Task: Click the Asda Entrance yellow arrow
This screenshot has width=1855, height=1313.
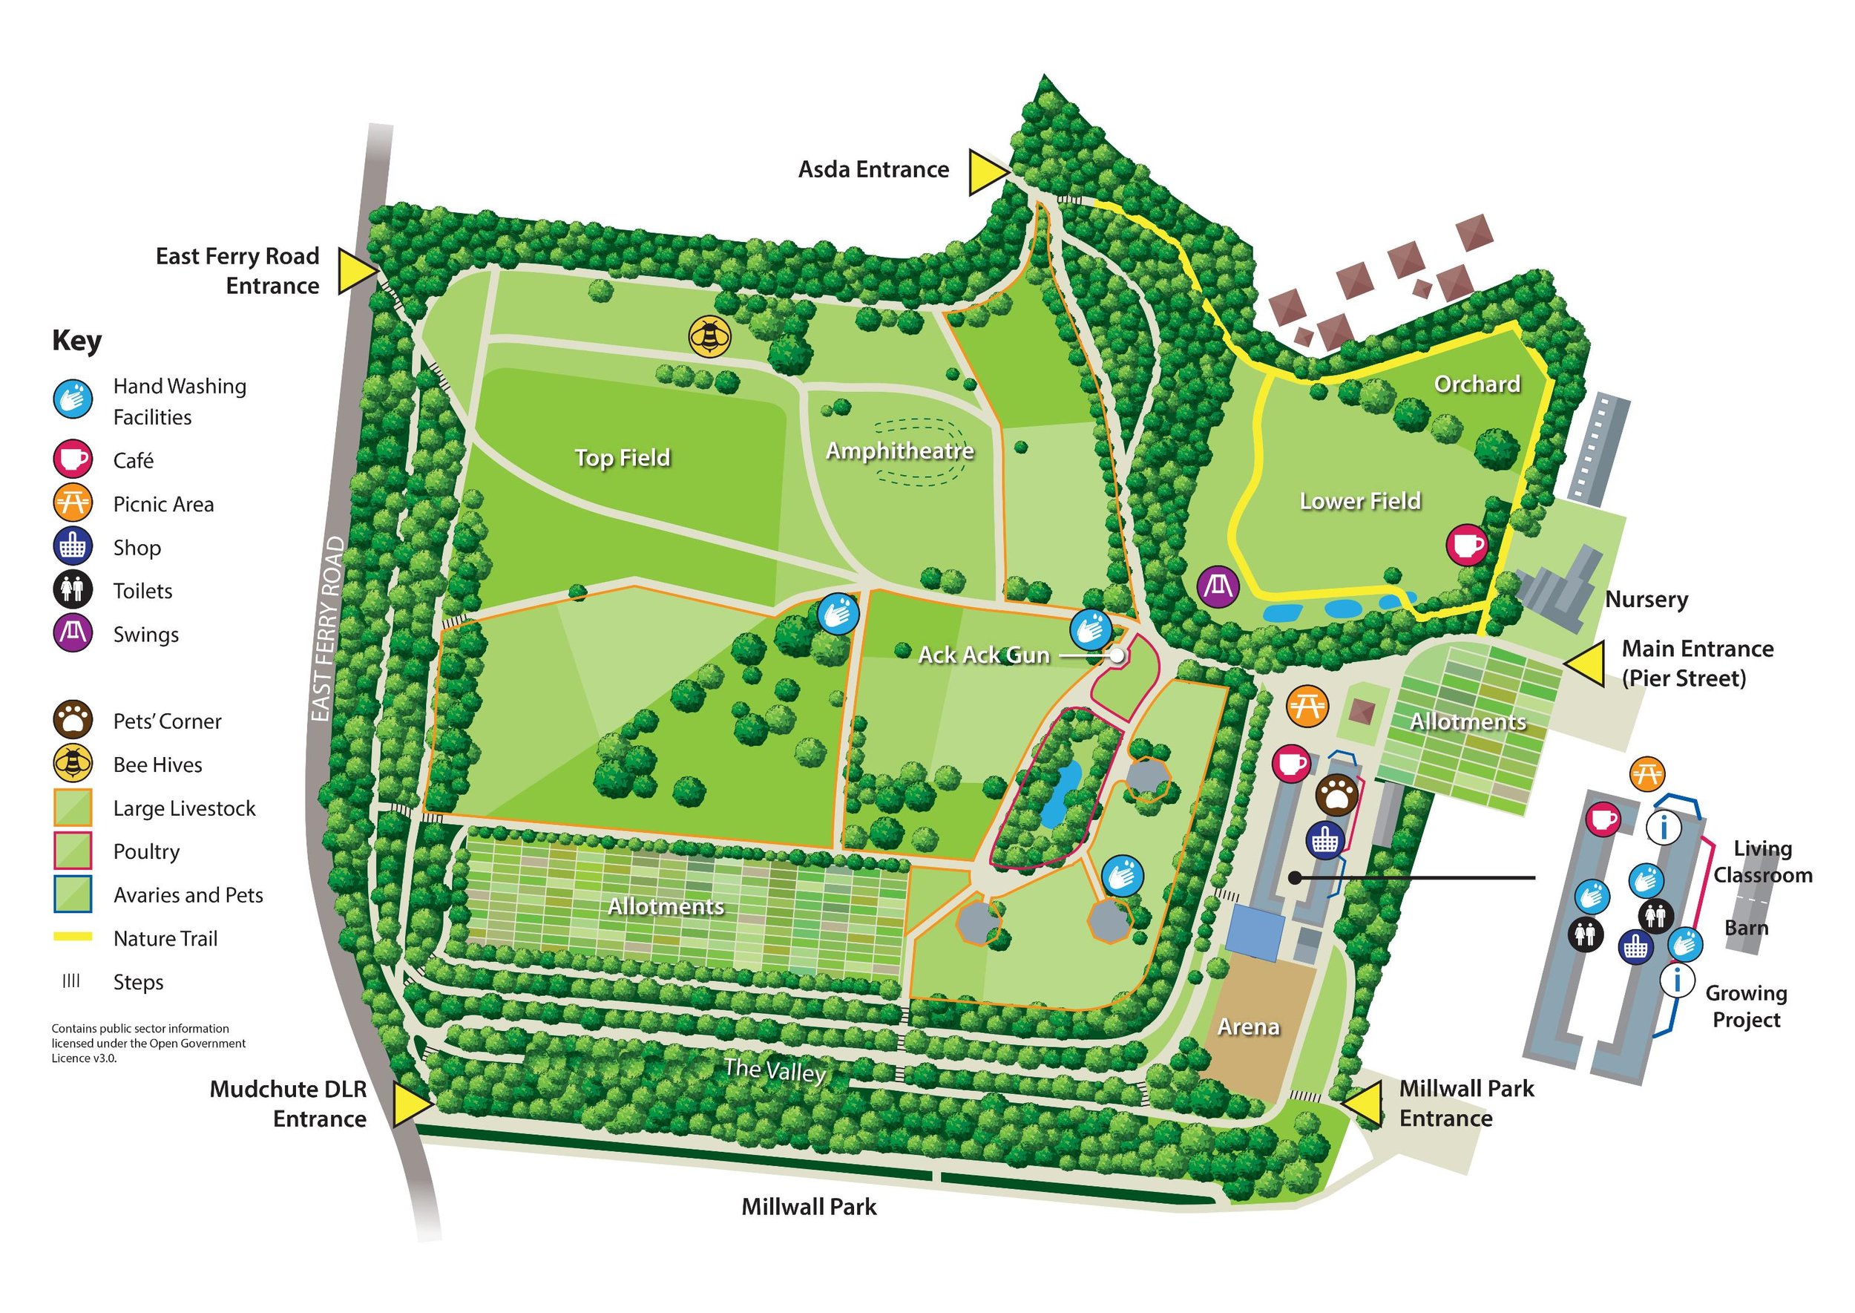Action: pos(987,172)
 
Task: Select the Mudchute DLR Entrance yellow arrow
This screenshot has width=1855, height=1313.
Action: pos(411,1104)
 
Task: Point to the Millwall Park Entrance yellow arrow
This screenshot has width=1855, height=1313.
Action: pos(1365,1104)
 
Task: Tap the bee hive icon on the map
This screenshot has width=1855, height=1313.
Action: pos(709,335)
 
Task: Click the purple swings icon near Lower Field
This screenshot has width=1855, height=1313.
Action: pos(1218,586)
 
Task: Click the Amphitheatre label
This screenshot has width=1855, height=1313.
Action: pos(899,451)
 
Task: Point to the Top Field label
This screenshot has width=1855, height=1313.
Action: pos(623,458)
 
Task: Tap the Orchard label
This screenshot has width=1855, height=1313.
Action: pos(1477,384)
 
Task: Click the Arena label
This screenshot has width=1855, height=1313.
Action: pos(1249,1027)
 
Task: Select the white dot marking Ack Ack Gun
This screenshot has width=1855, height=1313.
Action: pos(1117,655)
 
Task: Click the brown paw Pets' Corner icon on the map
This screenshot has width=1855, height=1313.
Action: pos(1336,796)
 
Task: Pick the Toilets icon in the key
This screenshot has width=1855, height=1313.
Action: pos(73,590)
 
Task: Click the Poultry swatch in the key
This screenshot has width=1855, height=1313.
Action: pos(73,851)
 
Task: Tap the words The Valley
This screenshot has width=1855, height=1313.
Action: pos(775,1070)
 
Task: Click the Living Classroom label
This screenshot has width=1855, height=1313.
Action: pos(1763,862)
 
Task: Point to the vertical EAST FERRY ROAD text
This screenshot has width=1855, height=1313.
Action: pos(327,629)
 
